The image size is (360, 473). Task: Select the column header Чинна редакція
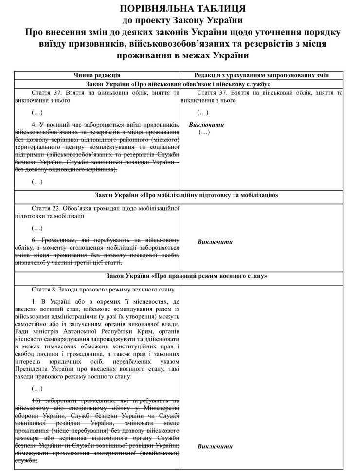(97, 75)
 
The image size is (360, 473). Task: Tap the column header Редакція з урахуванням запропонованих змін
(261, 75)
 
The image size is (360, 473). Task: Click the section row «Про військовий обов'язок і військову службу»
(179, 84)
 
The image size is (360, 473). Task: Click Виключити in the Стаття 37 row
(206, 125)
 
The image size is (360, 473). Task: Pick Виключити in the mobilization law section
(215, 242)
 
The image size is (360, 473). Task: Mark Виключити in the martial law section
(215, 446)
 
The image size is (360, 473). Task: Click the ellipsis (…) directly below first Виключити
(204, 132)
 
